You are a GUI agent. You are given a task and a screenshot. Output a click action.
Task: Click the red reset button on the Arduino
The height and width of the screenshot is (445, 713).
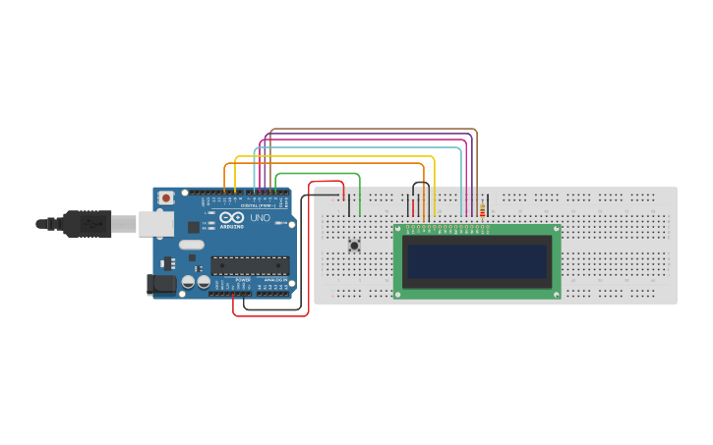[166, 197]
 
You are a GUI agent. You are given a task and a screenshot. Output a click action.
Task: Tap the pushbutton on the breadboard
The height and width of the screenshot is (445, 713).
[354, 246]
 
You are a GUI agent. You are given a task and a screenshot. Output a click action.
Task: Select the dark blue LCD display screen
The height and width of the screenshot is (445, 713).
[477, 261]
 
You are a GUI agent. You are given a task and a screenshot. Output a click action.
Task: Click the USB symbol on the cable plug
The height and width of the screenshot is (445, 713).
[94, 224]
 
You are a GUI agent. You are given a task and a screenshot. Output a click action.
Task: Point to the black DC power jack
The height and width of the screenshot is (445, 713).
[161, 285]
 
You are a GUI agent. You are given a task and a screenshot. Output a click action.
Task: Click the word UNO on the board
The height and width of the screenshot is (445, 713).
[261, 218]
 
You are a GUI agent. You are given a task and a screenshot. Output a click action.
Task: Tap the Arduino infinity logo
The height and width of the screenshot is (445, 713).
[232, 218]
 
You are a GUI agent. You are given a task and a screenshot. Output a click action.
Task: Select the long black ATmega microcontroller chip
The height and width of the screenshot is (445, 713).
[250, 265]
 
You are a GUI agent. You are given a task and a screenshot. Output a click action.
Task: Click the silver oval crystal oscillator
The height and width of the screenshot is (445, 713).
[192, 245]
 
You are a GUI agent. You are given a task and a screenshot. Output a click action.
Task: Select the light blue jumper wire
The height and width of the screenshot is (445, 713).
[359, 148]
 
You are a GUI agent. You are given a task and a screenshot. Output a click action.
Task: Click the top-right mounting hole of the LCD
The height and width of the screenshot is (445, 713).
[556, 231]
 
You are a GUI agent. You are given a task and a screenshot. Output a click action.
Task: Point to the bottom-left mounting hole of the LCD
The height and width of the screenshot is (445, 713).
[398, 293]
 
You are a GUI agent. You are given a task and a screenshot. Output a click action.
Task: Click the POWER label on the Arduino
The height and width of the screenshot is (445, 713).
[242, 280]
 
